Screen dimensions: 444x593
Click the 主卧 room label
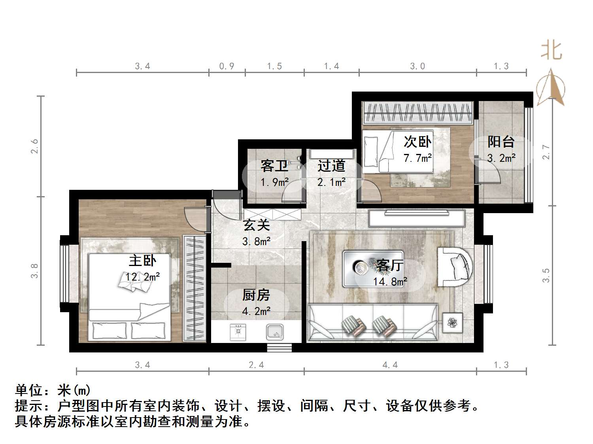pyautogui.click(x=142, y=260)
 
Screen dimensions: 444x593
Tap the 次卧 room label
pyautogui.click(x=417, y=142)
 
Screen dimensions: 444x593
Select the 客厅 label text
pyautogui.click(x=389, y=265)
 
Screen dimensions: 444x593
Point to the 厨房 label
pyautogui.click(x=256, y=295)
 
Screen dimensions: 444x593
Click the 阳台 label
pyautogui.click(x=501, y=142)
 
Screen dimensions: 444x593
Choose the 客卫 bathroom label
pyautogui.click(x=274, y=166)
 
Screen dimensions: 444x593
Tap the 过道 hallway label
pyautogui.click(x=331, y=166)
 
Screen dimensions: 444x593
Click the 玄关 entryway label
pyautogui.click(x=256, y=225)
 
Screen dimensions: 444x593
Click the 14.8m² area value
pyautogui.click(x=390, y=281)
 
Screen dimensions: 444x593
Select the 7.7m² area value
pyautogui.click(x=417, y=158)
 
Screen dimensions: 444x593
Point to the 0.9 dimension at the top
pyautogui.click(x=227, y=66)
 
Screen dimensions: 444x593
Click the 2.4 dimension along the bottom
pyautogui.click(x=256, y=365)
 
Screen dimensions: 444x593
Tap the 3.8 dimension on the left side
pyautogui.click(x=35, y=271)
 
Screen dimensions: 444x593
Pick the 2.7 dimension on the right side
pyautogui.click(x=546, y=152)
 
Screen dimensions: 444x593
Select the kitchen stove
pyautogui.click(x=238, y=332)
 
